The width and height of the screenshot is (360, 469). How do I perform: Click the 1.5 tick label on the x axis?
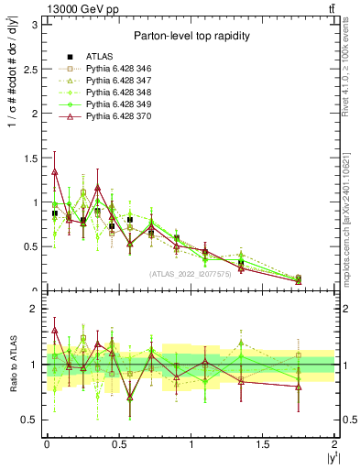click(264, 444)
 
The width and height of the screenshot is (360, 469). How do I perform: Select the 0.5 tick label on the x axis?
click(119, 444)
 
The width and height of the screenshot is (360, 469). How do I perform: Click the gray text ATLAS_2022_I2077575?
click(190, 273)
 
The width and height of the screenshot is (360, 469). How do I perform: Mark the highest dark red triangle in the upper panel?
click(55, 171)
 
